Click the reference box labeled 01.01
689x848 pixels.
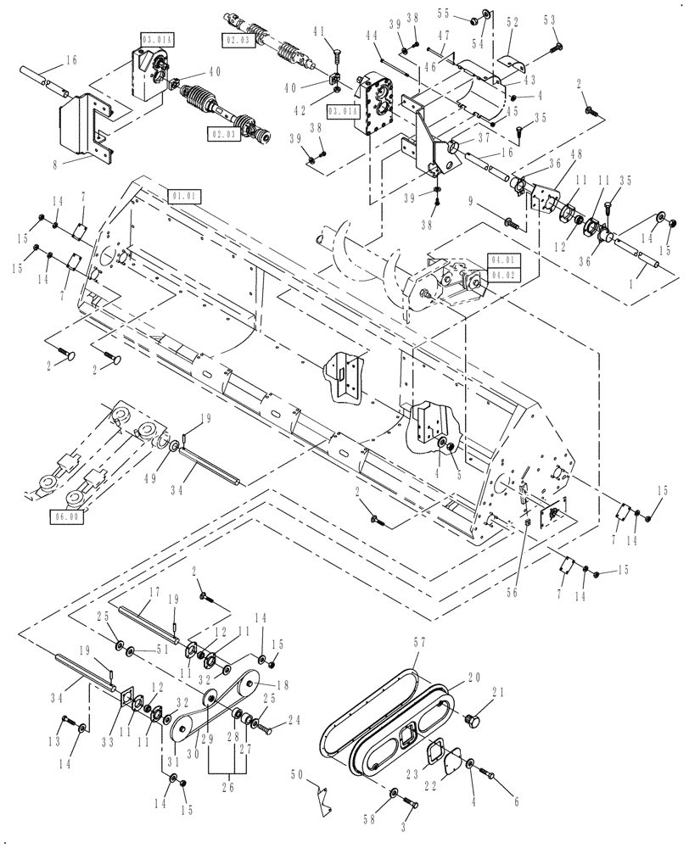pos(184,196)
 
